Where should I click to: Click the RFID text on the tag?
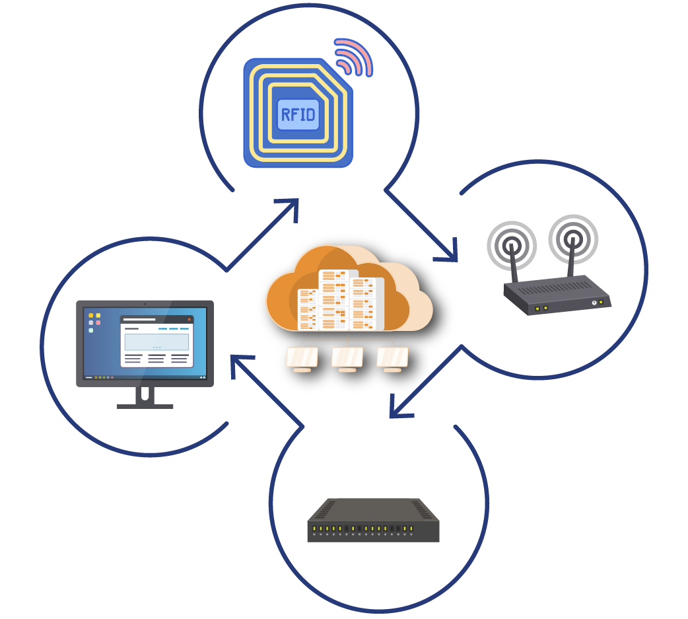pos(298,114)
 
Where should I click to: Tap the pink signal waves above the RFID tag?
pos(354,57)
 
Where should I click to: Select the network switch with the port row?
pos(373,522)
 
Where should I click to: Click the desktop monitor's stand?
pos(145,398)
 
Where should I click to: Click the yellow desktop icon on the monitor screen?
pos(91,316)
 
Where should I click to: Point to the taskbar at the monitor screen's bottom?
pos(145,377)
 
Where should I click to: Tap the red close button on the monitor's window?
pos(189,319)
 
